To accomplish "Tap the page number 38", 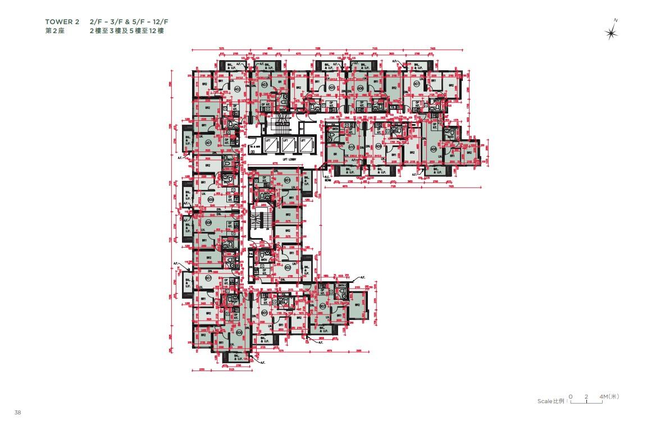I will pos(18,413).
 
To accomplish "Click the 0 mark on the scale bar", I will pos(571,396).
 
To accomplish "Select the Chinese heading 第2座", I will pos(55,31).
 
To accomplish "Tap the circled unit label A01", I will pos(208,143).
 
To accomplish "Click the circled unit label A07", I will pos(416,84).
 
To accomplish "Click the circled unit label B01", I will pos(287,180).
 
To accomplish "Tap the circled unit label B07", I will pos(208,277).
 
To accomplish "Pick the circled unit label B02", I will pos(287,268).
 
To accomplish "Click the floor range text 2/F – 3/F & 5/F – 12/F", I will pos(129,21).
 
